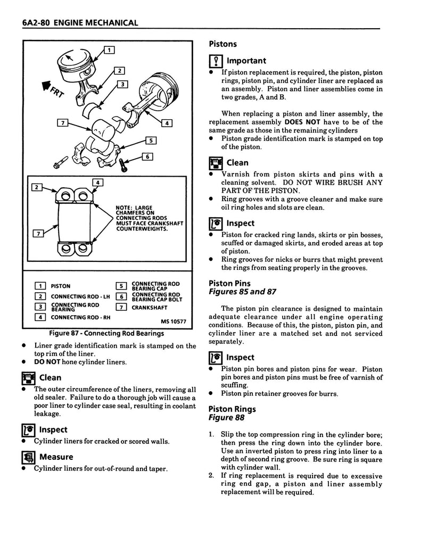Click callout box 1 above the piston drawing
tap(109, 51)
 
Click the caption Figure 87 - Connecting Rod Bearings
tap(106, 334)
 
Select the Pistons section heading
tap(222, 44)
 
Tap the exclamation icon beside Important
tap(214, 61)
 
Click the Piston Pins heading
tap(229, 284)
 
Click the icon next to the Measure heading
tap(28, 457)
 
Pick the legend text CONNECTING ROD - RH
tap(79, 317)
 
